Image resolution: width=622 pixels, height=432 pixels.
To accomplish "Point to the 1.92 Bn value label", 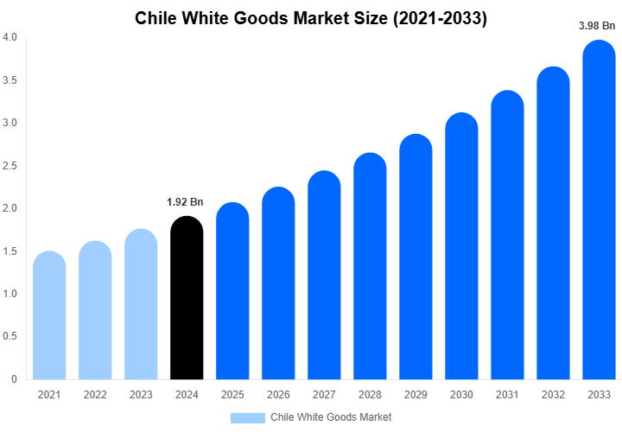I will (185, 202).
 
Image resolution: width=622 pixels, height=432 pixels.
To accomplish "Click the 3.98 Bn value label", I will (597, 26).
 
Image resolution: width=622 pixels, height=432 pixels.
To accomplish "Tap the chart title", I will (311, 19).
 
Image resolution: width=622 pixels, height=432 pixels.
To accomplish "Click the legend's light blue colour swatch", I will (248, 417).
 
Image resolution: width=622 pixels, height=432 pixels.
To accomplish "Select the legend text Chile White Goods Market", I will (331, 417).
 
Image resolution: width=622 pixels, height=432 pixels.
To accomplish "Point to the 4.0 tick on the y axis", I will (10, 38).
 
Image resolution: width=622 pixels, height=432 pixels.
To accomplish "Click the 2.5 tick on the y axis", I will (10, 166).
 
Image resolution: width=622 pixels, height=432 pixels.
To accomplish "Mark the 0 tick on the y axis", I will (14, 379).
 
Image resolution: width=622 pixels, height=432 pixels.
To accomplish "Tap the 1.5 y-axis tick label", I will (10, 251).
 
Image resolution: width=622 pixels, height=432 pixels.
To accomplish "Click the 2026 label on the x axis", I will (278, 395).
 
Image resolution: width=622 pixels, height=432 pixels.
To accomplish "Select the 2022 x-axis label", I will (95, 395).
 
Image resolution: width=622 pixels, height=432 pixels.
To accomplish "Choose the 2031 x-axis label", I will (508, 395).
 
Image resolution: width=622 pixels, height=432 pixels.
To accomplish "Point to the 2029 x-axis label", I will (416, 395).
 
